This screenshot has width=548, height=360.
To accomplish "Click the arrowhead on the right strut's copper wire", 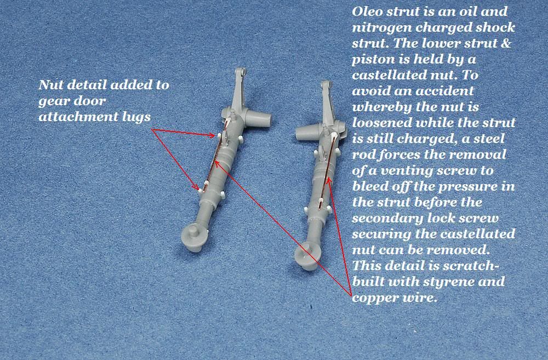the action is (328, 181).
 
